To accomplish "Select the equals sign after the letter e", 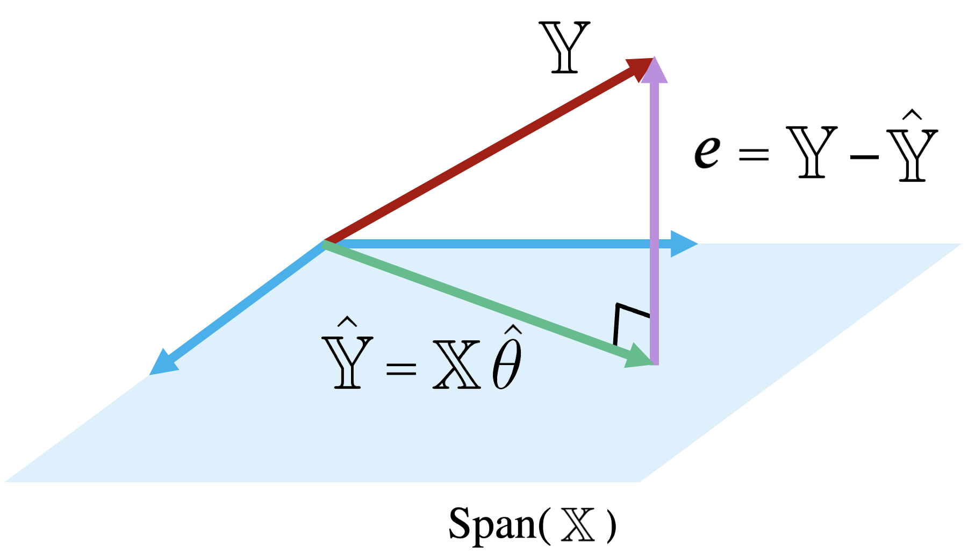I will (754, 155).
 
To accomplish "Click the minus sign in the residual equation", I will (864, 158).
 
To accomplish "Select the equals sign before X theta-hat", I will (401, 368).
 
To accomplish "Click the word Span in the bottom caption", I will (492, 524).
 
